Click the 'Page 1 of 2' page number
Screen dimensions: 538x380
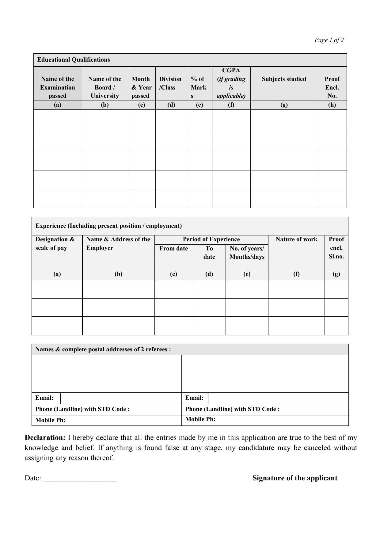coord(329,40)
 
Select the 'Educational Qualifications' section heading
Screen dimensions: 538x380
coord(74,60)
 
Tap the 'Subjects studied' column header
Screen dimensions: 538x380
coord(284,79)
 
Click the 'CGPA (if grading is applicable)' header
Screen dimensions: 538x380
coord(231,83)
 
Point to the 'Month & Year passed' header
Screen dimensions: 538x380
coord(141,87)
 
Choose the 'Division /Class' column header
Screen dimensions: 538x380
coord(170,83)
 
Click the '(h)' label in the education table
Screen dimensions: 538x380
coord(332,105)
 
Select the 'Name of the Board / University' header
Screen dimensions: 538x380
coord(105,87)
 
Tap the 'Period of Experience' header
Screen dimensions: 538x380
coord(211,239)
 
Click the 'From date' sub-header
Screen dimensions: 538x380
coord(173,248)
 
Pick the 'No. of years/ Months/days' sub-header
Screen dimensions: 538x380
coord(247,253)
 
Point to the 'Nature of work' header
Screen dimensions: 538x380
coord(296,239)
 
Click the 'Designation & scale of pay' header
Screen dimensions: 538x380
coord(55,243)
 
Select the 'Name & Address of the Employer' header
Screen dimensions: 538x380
coord(118,243)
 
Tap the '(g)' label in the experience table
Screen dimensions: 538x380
coord(336,274)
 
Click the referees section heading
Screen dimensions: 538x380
coord(103,349)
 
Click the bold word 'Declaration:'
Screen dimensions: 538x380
coord(45,437)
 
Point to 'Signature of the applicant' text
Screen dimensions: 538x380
coord(295,478)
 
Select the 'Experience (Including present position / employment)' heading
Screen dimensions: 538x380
coord(108,226)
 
